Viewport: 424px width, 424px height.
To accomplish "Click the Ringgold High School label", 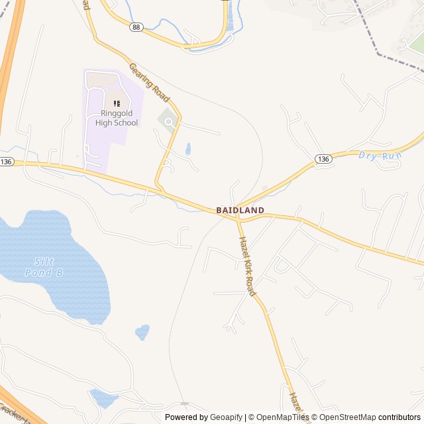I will click(117, 118).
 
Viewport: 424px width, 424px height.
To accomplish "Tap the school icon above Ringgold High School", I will click(117, 103).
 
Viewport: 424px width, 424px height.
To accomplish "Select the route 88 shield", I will click(136, 26).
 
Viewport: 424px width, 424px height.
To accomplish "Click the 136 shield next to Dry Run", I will click(323, 159).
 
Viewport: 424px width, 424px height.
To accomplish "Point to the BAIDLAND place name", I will click(240, 210).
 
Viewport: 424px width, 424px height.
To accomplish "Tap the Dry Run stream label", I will click(380, 155).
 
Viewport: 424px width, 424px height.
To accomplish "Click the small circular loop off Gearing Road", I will click(169, 122).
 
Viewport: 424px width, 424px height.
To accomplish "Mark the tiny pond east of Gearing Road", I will click(188, 148).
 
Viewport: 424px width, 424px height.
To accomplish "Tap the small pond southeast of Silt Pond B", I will click(142, 331).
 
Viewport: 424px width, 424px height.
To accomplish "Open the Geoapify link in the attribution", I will click(227, 417).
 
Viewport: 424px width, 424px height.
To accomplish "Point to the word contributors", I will click(399, 417).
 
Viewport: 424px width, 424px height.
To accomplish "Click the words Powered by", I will click(186, 417).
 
